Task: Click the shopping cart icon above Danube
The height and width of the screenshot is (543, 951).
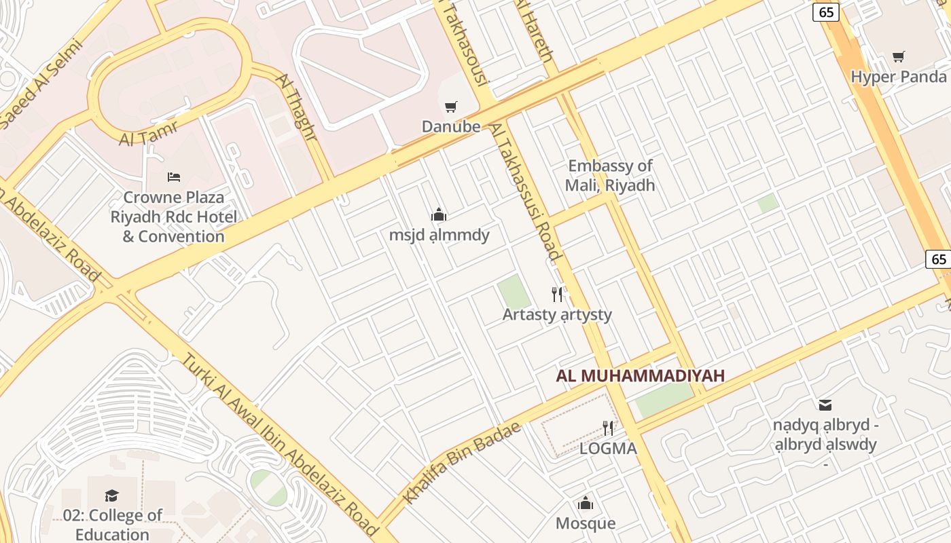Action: click(450, 107)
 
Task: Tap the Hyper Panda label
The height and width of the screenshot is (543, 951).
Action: click(898, 77)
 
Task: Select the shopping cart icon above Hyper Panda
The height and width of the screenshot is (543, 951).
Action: click(899, 57)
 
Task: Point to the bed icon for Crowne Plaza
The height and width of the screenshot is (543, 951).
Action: click(174, 177)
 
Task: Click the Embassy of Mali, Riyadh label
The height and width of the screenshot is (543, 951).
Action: click(610, 175)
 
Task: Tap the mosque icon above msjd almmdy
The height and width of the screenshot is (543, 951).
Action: click(439, 215)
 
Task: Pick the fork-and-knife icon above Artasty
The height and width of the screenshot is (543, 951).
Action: click(557, 294)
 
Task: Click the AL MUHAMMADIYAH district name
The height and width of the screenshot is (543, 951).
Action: click(641, 375)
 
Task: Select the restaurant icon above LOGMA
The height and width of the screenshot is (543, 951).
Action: click(608, 428)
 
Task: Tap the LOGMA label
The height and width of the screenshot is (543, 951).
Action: click(608, 449)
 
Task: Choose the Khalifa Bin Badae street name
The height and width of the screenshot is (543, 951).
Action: click(462, 462)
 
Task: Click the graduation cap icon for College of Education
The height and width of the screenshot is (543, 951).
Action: click(112, 496)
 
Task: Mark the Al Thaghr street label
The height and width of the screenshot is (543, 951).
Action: click(297, 107)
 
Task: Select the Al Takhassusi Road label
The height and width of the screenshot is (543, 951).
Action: click(526, 193)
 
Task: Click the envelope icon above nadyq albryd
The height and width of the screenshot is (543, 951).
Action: click(825, 405)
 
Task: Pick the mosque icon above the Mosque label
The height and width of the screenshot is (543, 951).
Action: click(585, 504)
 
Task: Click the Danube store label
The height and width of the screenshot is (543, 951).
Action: click(451, 127)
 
